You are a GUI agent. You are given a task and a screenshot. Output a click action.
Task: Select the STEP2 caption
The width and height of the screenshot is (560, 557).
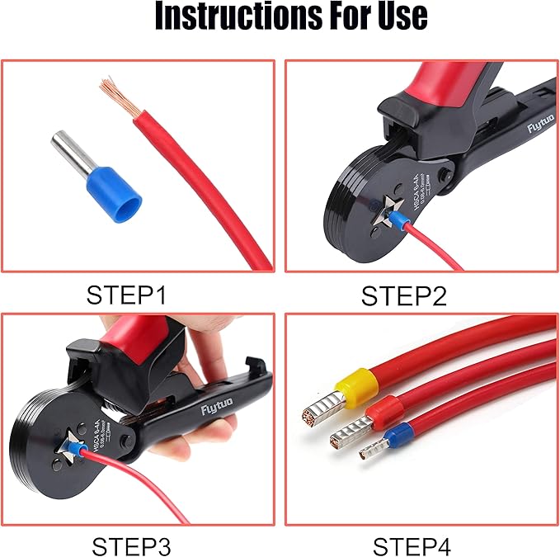403,295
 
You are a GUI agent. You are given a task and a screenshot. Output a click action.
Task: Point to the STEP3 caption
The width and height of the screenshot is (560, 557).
131,545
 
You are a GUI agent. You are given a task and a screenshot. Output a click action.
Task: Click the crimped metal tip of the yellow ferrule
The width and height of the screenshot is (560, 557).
320,409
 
